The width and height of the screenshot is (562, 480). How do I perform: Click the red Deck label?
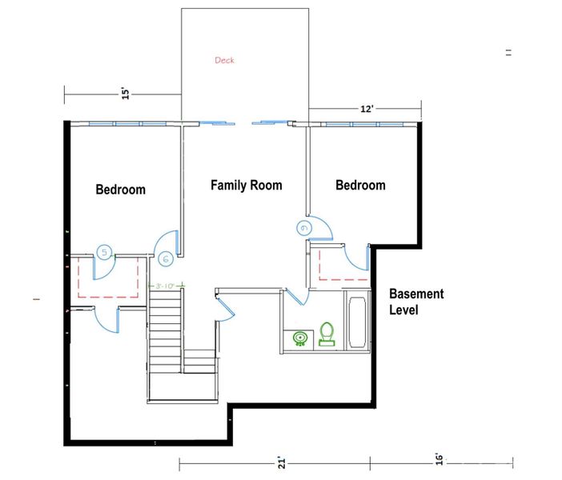(x=224, y=60)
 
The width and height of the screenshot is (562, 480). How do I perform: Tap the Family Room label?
(x=246, y=185)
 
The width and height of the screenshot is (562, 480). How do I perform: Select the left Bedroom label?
(x=121, y=190)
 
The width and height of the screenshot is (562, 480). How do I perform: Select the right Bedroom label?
(x=360, y=185)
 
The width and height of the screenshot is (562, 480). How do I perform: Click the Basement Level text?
(x=415, y=302)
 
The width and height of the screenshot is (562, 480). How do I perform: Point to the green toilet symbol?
(x=327, y=334)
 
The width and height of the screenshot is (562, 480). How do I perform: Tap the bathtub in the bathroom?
(x=357, y=322)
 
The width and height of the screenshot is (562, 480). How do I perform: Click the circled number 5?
(x=103, y=252)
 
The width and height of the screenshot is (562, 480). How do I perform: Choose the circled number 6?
(x=165, y=259)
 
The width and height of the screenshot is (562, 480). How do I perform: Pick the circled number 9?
(x=303, y=227)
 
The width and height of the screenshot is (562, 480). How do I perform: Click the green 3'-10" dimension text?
(x=167, y=285)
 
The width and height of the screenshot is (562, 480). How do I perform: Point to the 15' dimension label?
(x=125, y=94)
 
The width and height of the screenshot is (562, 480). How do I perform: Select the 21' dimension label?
(x=281, y=462)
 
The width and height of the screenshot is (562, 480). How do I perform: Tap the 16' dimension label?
(x=439, y=458)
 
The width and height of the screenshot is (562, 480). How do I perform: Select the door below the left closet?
(x=107, y=319)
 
